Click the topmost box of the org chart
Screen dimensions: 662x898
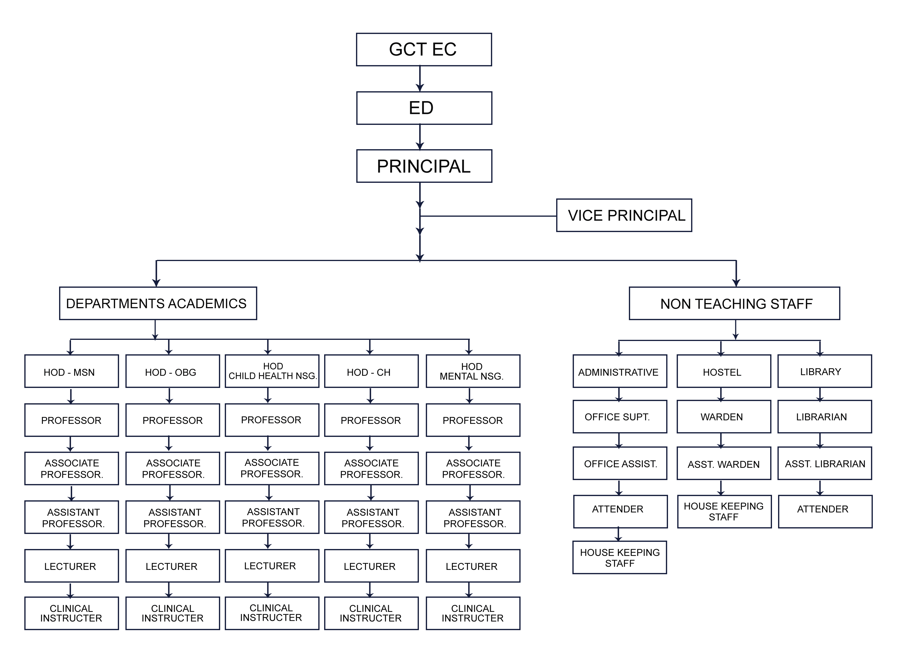pyautogui.click(x=423, y=50)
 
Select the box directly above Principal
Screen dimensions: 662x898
pyautogui.click(x=423, y=107)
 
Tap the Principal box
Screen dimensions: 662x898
pyautogui.click(x=423, y=165)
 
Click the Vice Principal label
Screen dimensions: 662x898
pyautogui.click(x=626, y=216)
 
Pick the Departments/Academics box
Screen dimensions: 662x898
pyautogui.click(x=156, y=303)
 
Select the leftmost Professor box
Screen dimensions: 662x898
pyautogui.click(x=71, y=420)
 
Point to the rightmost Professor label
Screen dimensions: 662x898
pyautogui.click(x=472, y=420)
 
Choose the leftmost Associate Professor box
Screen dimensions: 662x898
pyautogui.click(x=71, y=468)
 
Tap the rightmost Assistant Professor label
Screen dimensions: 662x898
pyautogui.click(x=474, y=517)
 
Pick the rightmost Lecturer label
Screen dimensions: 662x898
pyautogui.click(x=471, y=566)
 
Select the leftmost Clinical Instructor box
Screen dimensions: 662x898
pyautogui.click(x=71, y=613)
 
